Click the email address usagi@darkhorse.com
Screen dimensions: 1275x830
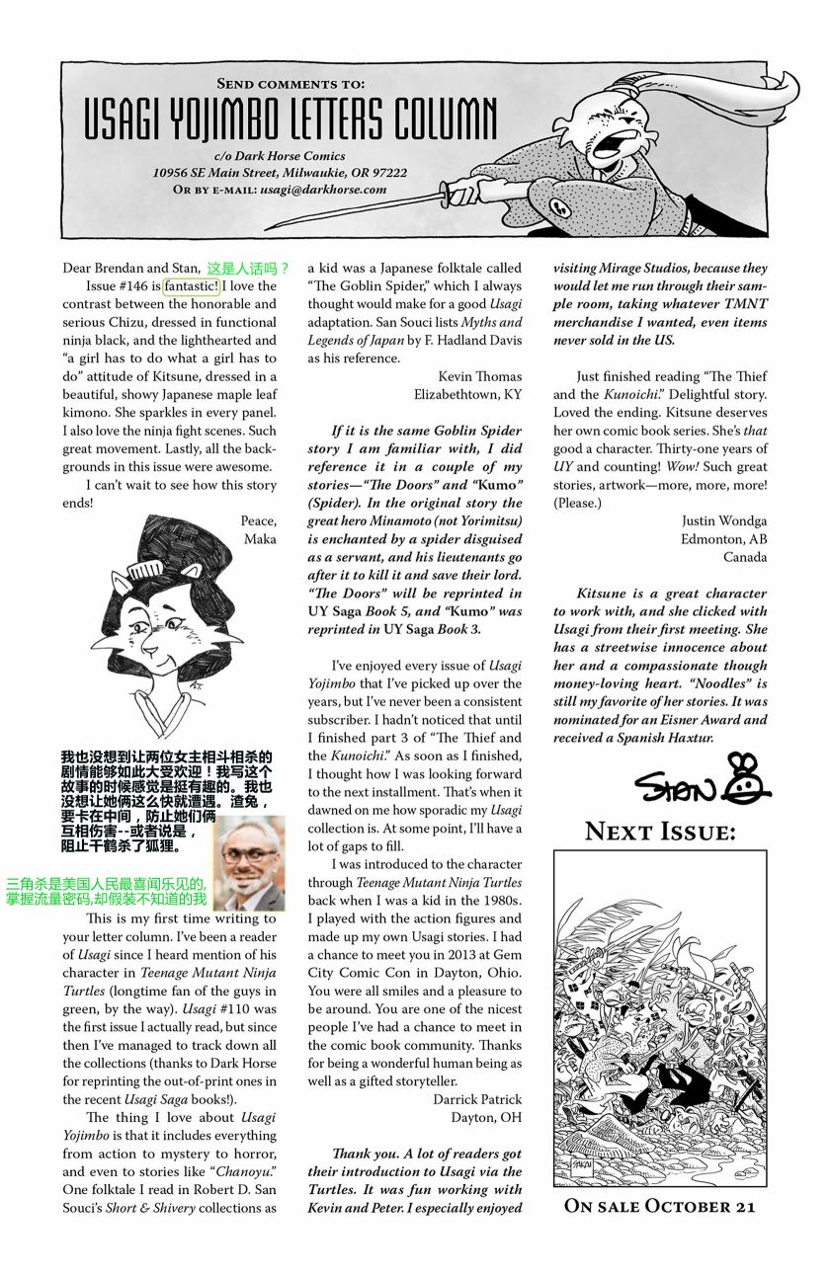tap(323, 189)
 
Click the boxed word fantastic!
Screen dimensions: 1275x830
tap(192, 286)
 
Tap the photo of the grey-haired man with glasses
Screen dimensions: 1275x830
tap(249, 864)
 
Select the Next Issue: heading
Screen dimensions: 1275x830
tap(660, 832)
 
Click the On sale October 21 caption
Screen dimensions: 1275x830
tap(659, 1206)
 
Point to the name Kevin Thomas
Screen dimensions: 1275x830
tap(480, 376)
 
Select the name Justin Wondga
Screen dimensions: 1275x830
tap(723, 520)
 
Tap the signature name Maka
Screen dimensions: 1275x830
tap(261, 538)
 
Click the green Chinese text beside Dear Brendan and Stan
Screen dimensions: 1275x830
tap(248, 268)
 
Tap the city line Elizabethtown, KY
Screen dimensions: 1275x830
tap(468, 394)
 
